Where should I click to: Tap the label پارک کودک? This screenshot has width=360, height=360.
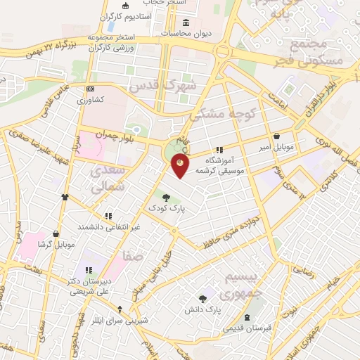click(x=166, y=209)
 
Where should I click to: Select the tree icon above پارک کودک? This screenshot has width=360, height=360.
click(x=166, y=198)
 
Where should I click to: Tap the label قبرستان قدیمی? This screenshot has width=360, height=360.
click(x=246, y=328)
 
